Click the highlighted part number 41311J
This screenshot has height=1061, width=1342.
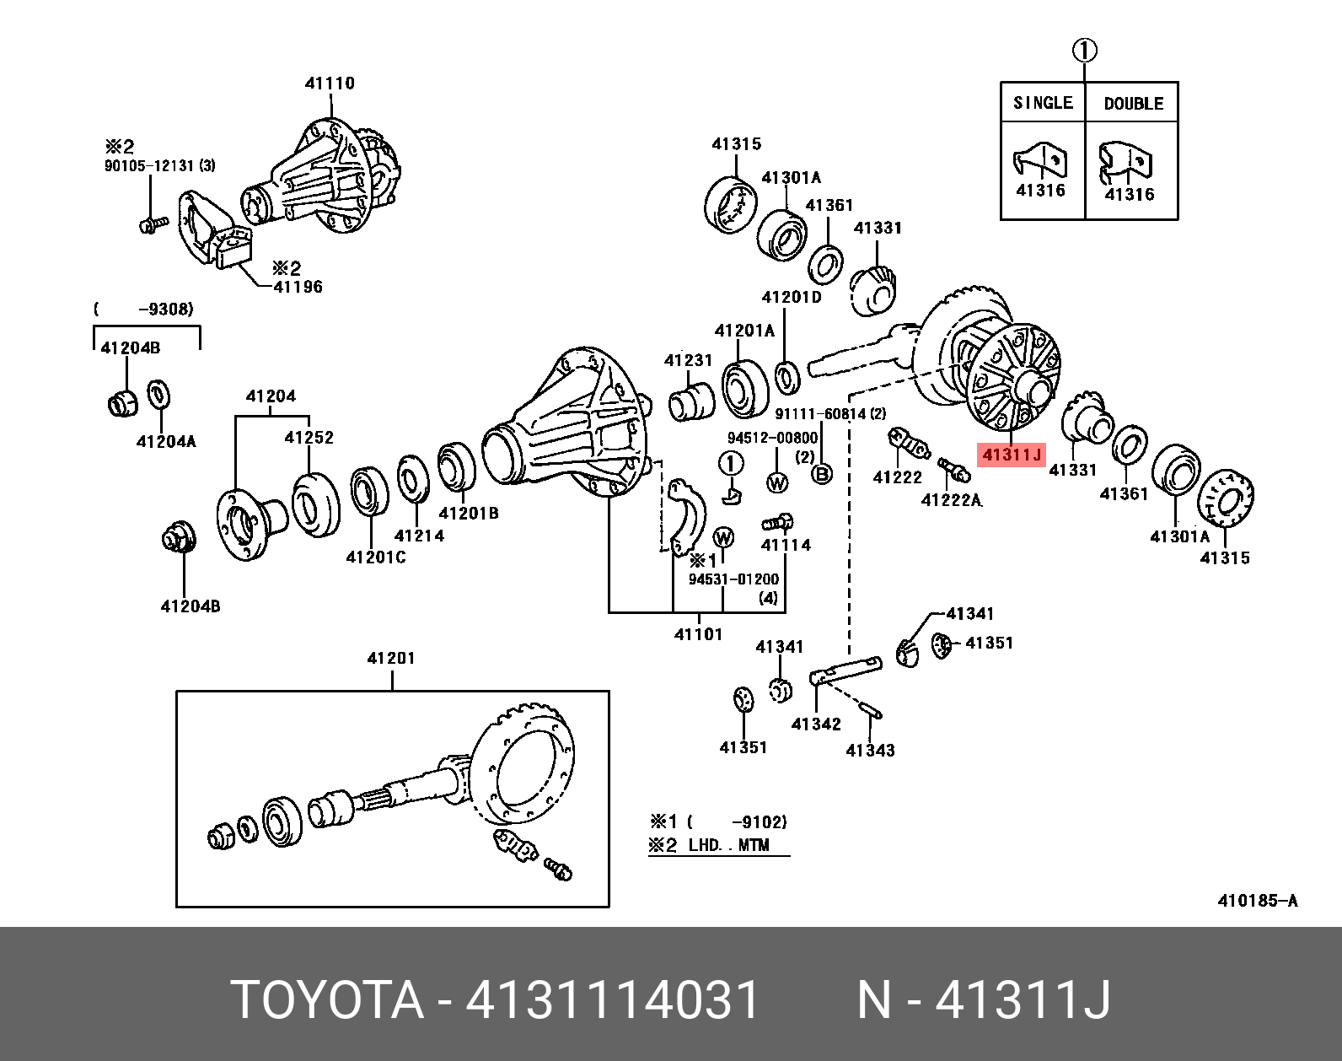point(1012,455)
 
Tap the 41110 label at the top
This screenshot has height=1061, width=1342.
point(330,83)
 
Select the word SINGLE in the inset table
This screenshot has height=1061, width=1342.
point(1043,103)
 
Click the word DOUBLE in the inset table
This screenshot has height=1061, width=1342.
point(1133,104)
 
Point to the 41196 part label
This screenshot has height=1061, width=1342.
point(298,287)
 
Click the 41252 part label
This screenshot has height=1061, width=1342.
point(309,438)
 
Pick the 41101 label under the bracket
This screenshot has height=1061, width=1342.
point(698,634)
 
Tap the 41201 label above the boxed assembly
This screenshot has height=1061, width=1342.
point(391,658)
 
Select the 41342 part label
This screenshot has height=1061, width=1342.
point(816,724)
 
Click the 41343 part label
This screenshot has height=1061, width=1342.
point(870,751)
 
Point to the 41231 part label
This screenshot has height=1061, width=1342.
point(688,361)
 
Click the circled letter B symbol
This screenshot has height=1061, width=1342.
point(821,475)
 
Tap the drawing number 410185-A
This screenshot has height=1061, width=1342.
point(1257,901)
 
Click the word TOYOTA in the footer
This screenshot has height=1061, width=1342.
point(327,1000)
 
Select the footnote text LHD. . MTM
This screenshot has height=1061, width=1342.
point(728,845)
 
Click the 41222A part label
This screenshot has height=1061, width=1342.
point(952,500)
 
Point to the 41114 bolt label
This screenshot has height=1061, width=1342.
point(786,545)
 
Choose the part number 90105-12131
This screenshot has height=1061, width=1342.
point(150,166)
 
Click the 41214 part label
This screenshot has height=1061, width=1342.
point(419,536)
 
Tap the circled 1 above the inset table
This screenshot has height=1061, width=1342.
point(1085,51)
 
